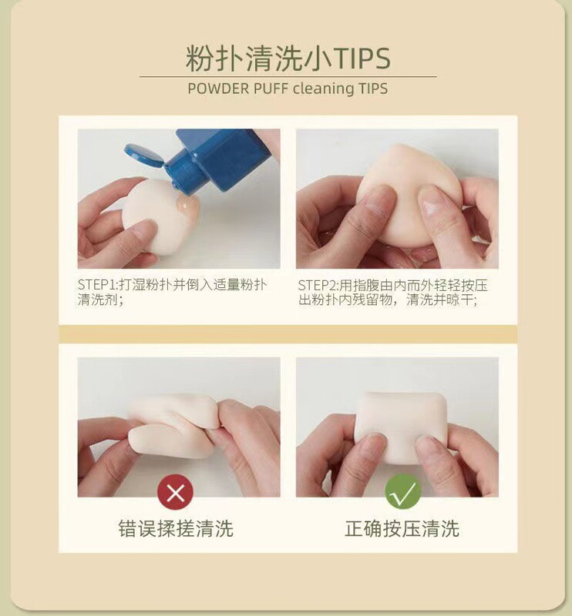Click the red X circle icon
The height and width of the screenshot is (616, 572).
pos(176,492)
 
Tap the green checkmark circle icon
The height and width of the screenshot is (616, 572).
pos(402,492)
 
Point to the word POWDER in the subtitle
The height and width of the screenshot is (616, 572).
pos(218,89)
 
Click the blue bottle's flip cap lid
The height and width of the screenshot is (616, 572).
pos(144,155)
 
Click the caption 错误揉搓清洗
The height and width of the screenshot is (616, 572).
pos(176,528)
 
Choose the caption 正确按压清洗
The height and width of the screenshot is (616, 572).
pos(402,528)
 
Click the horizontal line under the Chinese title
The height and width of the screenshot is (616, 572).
pos(288,76)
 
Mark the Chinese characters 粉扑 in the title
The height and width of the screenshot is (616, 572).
pos(215,59)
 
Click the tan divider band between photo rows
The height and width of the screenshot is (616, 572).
pos(288,334)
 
